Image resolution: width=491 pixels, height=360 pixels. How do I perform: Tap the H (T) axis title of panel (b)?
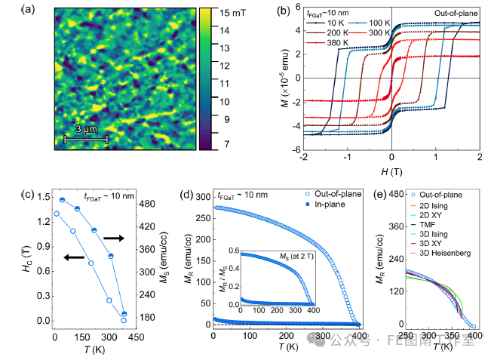[x=391, y=173]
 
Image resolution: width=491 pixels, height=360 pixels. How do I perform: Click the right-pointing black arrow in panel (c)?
[x=114, y=237]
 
